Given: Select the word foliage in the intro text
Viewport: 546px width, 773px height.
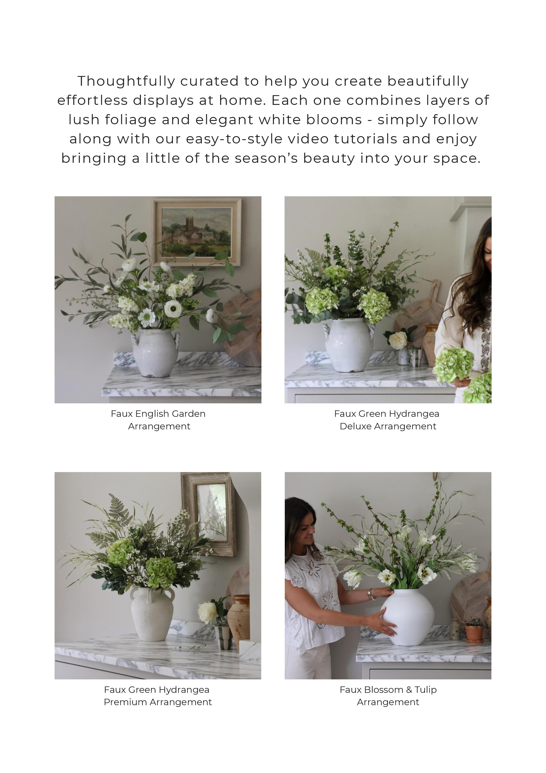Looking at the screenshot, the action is [x=131, y=120].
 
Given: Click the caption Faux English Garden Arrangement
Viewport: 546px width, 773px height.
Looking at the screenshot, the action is [x=158, y=420].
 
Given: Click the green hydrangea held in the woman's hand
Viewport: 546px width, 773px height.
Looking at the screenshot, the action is [x=453, y=365].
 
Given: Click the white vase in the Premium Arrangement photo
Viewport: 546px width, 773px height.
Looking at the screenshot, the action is [x=152, y=614].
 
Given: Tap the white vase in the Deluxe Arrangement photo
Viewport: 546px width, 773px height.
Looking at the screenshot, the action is [x=349, y=345].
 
